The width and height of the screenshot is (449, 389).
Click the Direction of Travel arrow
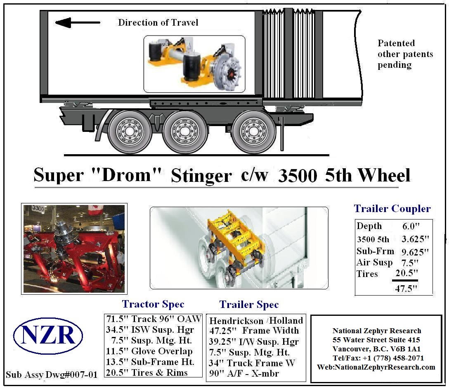point(77,22)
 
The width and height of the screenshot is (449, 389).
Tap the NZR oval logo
point(48,336)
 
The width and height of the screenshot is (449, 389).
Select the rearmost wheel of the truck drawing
point(253,132)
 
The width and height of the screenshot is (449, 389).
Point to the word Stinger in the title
point(201,176)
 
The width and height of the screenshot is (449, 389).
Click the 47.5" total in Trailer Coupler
point(406,288)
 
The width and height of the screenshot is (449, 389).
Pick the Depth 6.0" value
point(411,226)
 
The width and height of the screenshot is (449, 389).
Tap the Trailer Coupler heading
point(392,209)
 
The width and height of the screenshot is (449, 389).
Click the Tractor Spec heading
point(153,304)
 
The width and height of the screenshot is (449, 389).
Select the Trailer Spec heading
point(249,304)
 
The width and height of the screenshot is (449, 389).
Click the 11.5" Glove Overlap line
point(149,351)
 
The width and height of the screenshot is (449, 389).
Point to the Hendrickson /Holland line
point(256,320)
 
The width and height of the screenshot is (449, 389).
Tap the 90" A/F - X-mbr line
point(243,373)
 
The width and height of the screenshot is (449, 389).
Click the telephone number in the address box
point(378,358)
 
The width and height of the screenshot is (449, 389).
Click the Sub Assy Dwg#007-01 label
point(52,375)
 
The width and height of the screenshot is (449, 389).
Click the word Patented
point(396,43)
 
